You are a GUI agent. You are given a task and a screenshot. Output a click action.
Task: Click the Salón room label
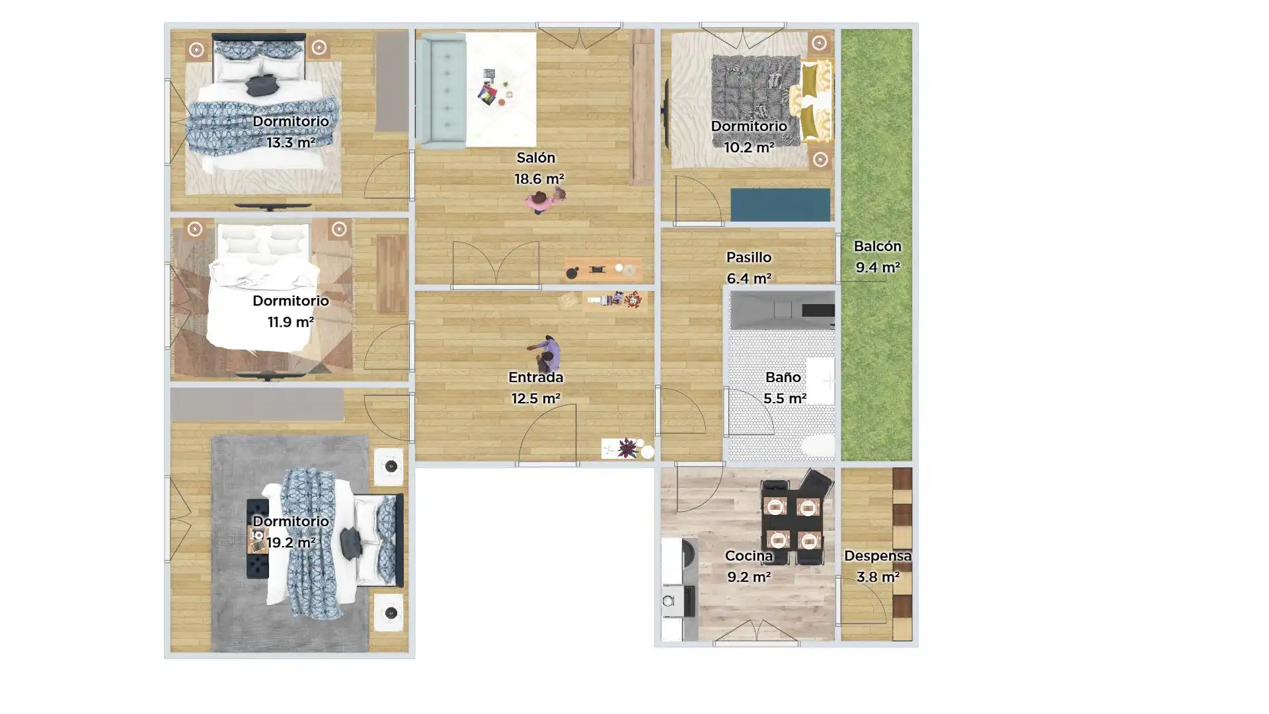535,158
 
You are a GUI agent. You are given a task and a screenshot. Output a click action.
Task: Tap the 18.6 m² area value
539,179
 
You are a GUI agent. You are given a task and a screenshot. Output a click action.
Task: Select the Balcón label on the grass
877,247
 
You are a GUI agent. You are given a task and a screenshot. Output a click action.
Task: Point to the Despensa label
878,556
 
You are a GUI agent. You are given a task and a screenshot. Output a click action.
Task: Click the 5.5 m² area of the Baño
785,399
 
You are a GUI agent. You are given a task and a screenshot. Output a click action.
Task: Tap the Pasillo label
748,257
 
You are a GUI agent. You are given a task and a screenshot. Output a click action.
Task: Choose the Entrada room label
535,377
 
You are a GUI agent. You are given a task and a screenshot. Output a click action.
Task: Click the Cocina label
748,556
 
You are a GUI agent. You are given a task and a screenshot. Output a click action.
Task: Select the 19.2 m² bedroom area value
290,543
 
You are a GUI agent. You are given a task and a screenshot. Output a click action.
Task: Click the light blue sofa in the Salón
443,91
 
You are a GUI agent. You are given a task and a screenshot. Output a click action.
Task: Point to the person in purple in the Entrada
546,354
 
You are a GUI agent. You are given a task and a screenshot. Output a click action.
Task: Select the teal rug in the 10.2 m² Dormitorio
780,205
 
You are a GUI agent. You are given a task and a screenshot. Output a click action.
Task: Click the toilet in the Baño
818,446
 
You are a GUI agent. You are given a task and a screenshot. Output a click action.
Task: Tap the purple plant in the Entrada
627,448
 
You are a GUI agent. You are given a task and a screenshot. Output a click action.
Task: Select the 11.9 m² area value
290,323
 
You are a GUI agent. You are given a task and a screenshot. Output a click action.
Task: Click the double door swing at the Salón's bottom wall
496,265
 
